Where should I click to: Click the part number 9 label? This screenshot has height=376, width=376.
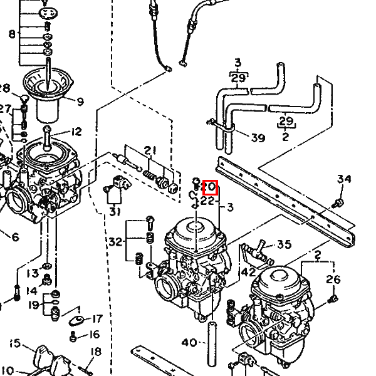pos(80,101)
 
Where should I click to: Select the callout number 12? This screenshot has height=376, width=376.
pos(76,132)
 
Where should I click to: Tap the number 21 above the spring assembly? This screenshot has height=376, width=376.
pos(149,150)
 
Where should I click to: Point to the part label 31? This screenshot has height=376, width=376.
pos(113,211)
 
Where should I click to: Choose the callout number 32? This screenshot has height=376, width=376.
pos(114,242)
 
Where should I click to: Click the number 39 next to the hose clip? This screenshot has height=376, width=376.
pos(258,138)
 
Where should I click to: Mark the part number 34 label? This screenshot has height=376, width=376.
pos(344,179)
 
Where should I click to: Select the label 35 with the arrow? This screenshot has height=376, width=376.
pos(284,244)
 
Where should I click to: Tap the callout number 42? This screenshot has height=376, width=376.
pos(248,272)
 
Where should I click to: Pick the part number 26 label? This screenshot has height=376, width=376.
pos(333,279)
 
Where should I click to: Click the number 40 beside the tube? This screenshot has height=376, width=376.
pos(189,342)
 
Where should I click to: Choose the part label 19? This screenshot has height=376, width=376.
pos(33,306)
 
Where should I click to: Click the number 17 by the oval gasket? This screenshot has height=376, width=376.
pos(97,319)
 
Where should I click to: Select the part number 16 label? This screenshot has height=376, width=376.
pos(94,335)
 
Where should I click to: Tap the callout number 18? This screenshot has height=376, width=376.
pos(95,352)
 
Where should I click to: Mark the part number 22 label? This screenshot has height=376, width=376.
pos(208,202)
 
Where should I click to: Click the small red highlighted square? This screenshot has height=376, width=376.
pos(211,187)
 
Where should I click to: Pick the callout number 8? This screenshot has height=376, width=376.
pos(12,33)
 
